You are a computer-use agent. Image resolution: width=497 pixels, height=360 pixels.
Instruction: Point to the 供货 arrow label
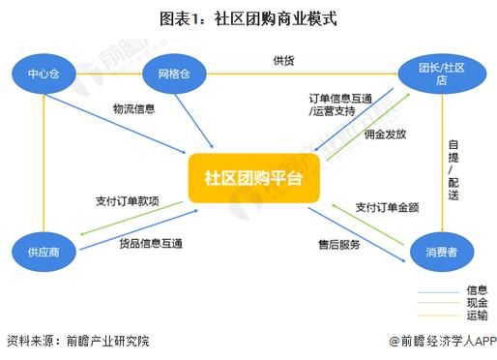pyautogui.click(x=283, y=62)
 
